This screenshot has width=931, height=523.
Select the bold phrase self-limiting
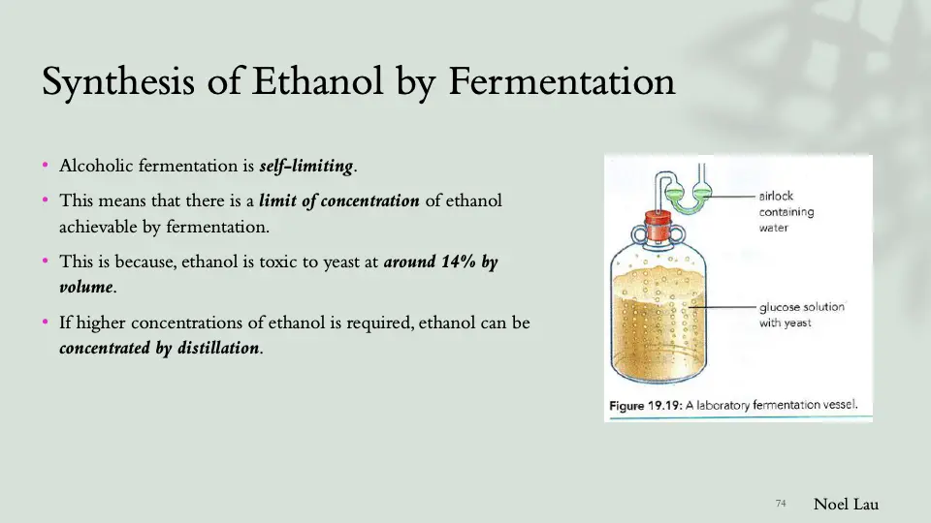click(306, 167)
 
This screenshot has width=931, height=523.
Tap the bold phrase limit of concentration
click(339, 201)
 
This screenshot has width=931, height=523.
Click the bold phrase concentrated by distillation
click(159, 348)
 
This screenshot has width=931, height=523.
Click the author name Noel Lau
click(846, 504)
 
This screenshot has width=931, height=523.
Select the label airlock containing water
click(786, 212)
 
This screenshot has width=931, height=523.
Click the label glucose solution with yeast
click(801, 315)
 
